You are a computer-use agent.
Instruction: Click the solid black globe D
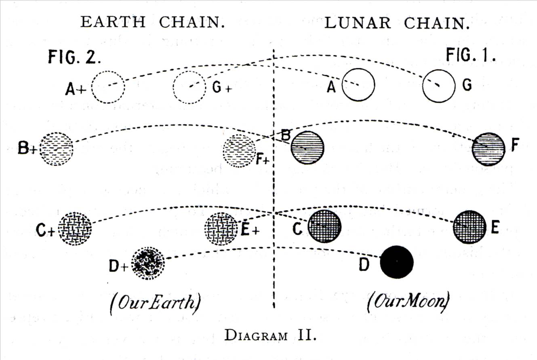point(396,262)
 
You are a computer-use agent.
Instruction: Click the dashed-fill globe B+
point(56,149)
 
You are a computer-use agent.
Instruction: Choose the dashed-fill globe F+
point(240,151)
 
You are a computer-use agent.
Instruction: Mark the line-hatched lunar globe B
point(307,147)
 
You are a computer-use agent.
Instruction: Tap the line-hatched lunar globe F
point(489,149)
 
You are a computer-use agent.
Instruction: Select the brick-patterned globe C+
point(75,229)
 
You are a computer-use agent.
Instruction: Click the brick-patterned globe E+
point(221,229)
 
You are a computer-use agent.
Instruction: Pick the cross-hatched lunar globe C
point(324,227)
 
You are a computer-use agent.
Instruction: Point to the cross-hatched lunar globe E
point(470,227)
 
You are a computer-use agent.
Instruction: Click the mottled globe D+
point(148,263)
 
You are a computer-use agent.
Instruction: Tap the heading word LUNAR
point(358,23)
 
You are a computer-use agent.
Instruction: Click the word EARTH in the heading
point(113,22)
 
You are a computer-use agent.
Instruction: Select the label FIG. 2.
point(74,57)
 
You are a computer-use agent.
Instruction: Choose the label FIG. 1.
point(471,55)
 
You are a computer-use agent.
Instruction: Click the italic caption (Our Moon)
point(408,301)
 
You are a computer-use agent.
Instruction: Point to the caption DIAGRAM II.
point(270,335)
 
